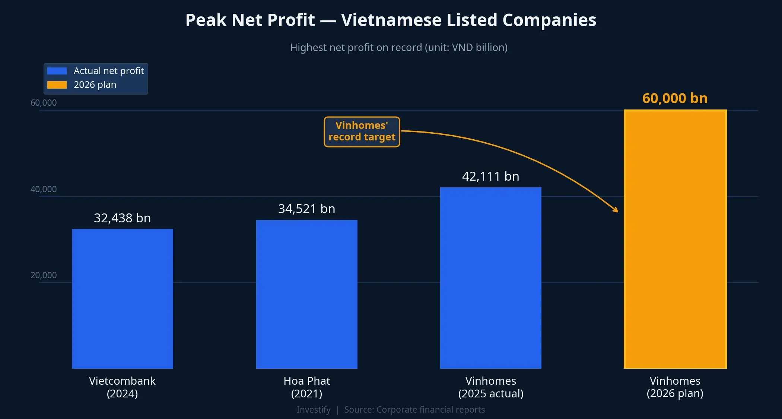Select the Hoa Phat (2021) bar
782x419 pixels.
click(x=306, y=294)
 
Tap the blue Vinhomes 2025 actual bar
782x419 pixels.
click(x=490, y=278)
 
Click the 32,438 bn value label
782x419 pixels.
click(x=122, y=218)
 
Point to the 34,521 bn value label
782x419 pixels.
click(x=306, y=209)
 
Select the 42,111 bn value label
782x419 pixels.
click(x=490, y=176)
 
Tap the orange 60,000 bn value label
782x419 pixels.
click(x=675, y=98)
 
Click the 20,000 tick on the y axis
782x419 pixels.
click(x=44, y=275)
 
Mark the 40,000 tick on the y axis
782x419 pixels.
click(x=44, y=189)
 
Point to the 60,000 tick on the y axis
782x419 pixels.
click(x=44, y=103)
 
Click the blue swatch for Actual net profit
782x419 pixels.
click(x=57, y=71)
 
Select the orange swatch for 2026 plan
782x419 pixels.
click(x=57, y=85)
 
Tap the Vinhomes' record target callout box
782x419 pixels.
click(x=362, y=131)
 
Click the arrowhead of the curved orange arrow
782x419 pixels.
click(x=616, y=210)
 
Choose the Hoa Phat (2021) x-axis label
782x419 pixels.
click(x=306, y=387)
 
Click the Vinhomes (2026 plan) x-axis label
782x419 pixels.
click(x=675, y=387)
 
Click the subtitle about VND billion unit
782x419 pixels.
click(x=398, y=48)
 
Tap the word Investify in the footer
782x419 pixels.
click(x=313, y=410)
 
